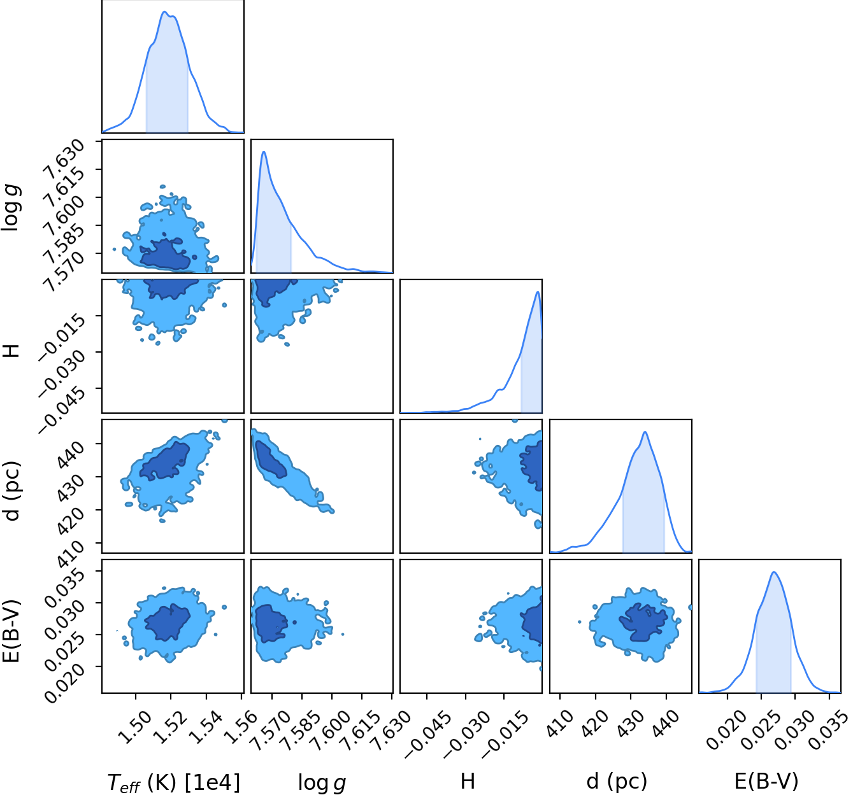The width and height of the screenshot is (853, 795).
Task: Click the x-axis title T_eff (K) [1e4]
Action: pos(173,782)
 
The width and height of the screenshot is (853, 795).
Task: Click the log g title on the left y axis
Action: pos(10,208)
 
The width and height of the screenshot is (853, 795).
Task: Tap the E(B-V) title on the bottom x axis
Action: pos(766,781)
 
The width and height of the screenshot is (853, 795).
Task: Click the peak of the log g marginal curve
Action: pos(264,152)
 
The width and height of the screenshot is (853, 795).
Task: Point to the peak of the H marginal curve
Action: pos(538,292)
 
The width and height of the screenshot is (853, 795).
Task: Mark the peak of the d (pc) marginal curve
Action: pos(645,432)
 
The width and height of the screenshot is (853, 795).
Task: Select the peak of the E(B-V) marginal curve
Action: pos(774,572)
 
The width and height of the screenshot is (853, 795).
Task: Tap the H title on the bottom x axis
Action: pos(468,782)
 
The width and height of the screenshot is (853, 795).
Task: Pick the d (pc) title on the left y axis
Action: pos(11,491)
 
